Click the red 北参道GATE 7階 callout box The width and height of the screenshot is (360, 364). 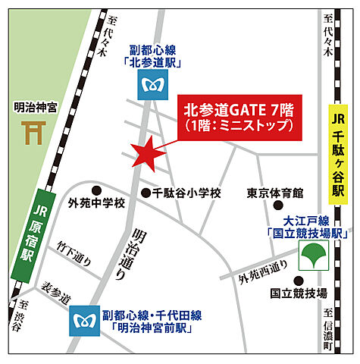(x=237, y=118)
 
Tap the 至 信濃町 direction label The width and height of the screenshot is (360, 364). (x=327, y=330)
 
